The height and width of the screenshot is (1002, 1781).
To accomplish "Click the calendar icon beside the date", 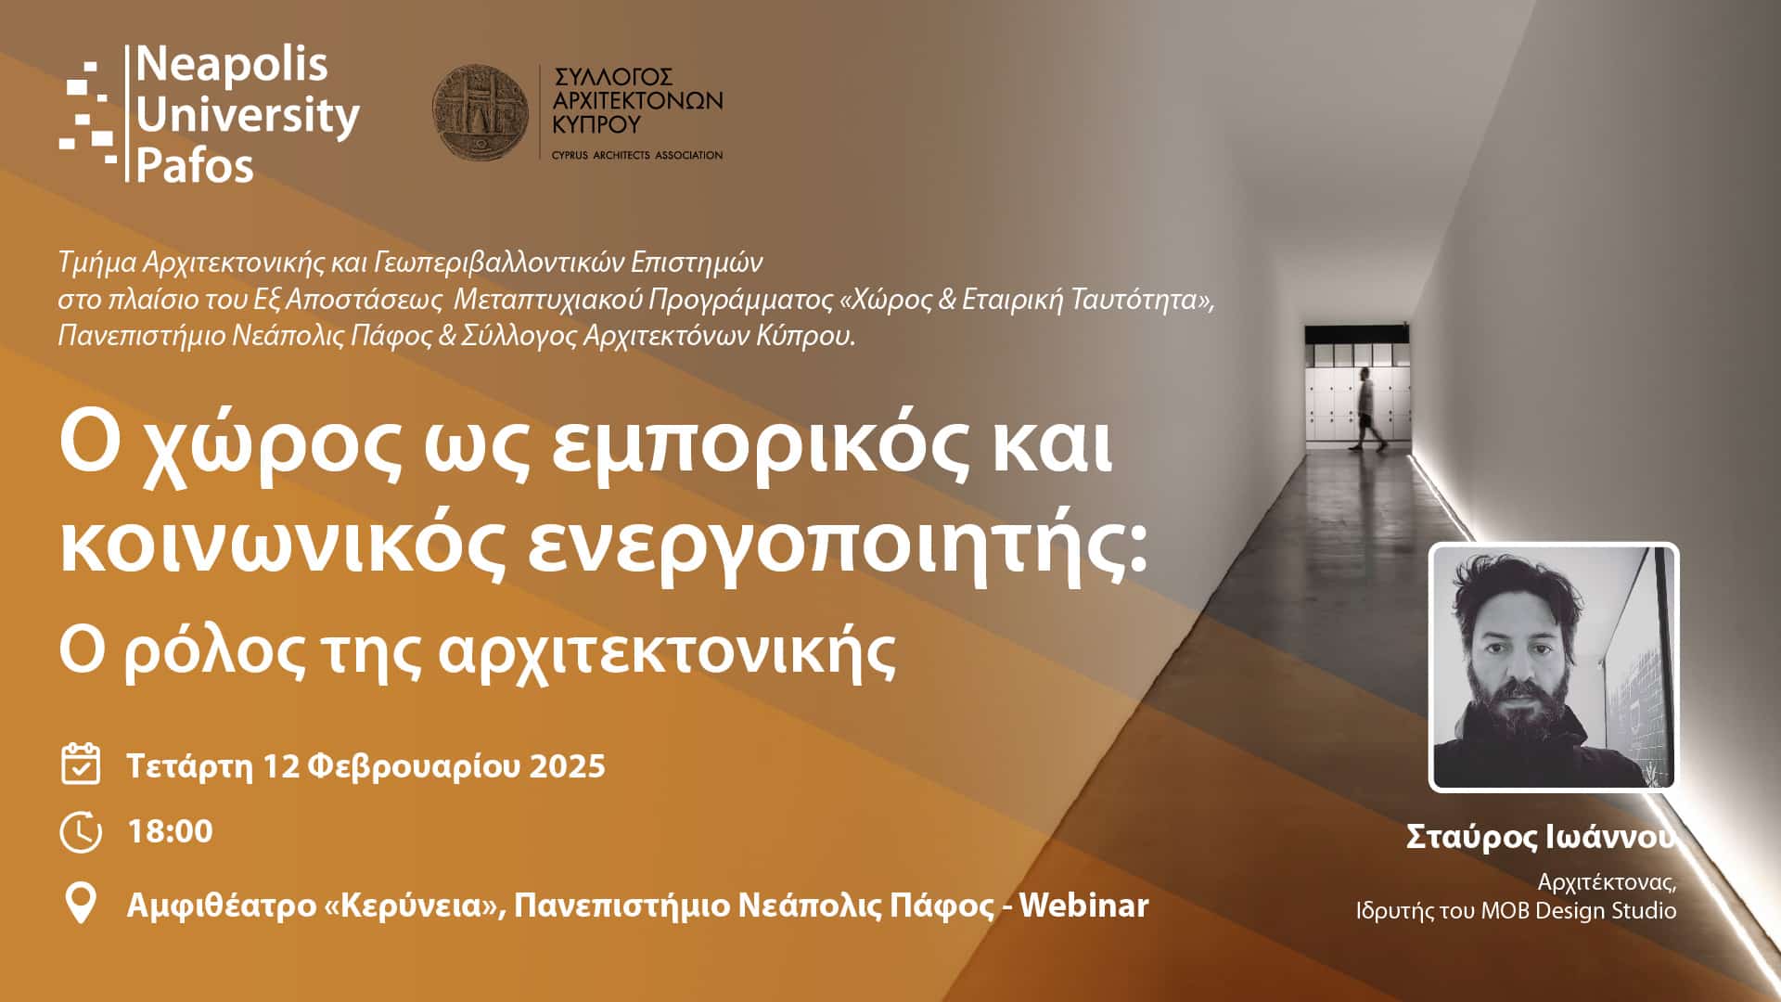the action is pos(81,764).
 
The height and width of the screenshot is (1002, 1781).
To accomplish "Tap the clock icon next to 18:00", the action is pos(81,831).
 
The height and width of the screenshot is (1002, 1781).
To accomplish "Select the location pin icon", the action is pos(81,903).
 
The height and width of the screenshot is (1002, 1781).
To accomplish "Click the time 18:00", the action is pos(170,830).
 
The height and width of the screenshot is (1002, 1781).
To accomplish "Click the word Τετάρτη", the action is pos(189,766).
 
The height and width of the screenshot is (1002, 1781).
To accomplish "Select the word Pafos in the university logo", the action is pos(195,165).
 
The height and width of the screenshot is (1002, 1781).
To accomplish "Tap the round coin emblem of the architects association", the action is pos(480,112).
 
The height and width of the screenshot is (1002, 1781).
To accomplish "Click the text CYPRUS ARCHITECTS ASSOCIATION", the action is pos(636,155).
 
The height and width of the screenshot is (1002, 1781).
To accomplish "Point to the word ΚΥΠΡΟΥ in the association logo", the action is pos(596,123).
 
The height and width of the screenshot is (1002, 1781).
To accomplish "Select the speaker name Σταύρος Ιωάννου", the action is pos(1541,836).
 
